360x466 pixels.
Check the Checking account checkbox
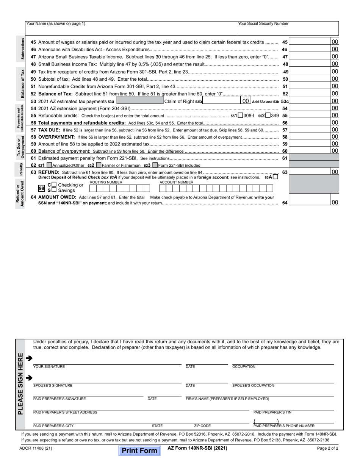(54, 185)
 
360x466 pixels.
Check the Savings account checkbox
(54, 190)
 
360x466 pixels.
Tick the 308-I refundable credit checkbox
(240, 115)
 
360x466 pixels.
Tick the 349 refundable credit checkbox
(268, 115)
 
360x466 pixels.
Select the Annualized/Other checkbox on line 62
(49, 165)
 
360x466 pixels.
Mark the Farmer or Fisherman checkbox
(99, 165)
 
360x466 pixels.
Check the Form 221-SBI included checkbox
(155, 165)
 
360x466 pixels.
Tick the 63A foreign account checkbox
(275, 177)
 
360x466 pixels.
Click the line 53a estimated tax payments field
(139, 101)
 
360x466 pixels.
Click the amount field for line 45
(310, 42)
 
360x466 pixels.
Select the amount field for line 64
(310, 202)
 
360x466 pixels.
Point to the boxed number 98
(42, 188)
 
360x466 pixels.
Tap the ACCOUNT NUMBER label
(176, 182)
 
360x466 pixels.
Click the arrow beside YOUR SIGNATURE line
(29, 358)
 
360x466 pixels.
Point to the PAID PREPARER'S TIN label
(272, 412)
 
